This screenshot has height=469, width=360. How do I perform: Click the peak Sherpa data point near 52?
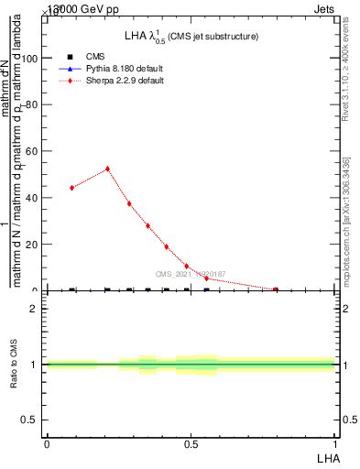107,169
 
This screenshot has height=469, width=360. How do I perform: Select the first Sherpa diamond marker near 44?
71,188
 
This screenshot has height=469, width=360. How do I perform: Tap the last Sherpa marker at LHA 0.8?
276,289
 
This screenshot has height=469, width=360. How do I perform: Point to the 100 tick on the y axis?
32,58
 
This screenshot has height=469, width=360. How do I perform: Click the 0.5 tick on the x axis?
191,443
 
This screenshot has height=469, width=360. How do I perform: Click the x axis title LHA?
328,456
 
